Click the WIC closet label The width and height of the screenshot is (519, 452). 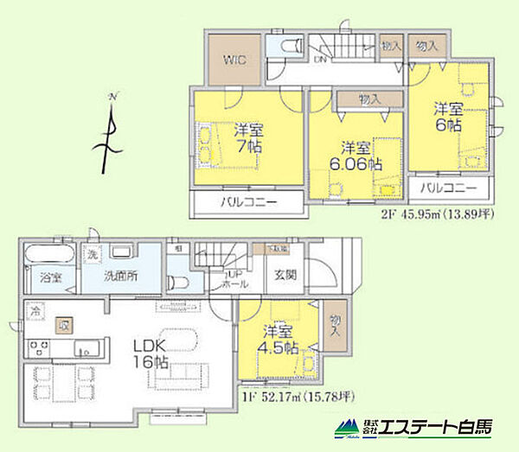(235, 60)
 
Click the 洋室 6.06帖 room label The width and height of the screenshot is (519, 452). (355, 155)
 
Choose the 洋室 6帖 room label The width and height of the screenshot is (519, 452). (448, 117)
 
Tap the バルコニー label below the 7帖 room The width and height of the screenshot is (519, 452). (247, 203)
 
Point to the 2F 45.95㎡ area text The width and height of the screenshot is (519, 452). (424, 217)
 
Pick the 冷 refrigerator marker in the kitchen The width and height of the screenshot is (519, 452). (36, 309)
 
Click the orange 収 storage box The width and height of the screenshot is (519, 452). (64, 326)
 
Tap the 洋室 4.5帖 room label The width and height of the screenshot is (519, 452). (280, 341)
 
